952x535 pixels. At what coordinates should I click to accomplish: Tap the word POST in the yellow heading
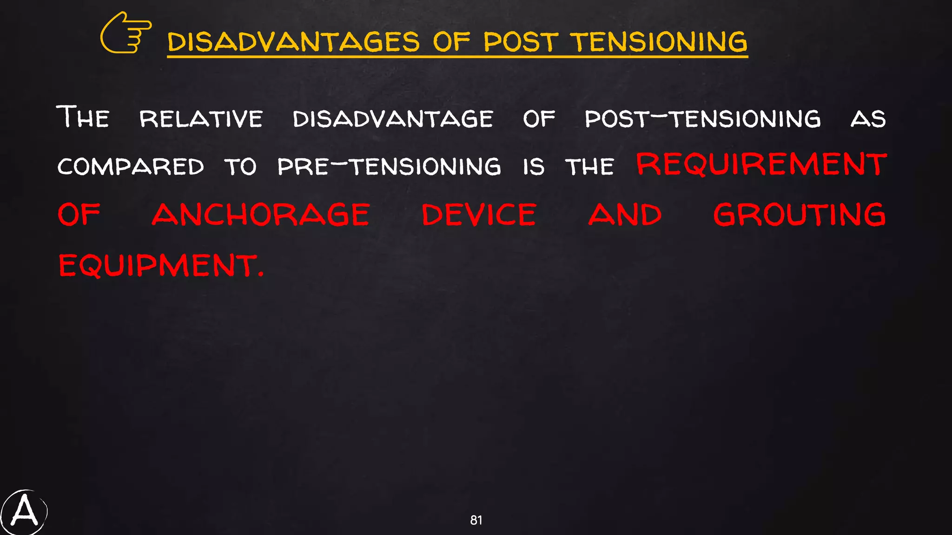(521, 42)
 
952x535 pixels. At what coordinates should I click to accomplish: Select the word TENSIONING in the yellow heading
(659, 42)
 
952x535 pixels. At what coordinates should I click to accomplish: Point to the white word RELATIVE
(201, 119)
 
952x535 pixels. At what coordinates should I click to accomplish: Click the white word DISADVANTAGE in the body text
(393, 119)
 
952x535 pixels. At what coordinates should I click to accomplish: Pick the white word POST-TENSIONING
(702, 119)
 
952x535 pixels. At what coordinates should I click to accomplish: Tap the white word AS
(868, 119)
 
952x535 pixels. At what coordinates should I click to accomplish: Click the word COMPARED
(131, 167)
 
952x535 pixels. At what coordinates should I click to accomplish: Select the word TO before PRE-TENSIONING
(240, 167)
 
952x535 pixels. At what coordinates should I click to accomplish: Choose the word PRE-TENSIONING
(389, 167)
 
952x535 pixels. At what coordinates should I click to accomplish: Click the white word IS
(533, 167)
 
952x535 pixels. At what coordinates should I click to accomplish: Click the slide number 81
(476, 520)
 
